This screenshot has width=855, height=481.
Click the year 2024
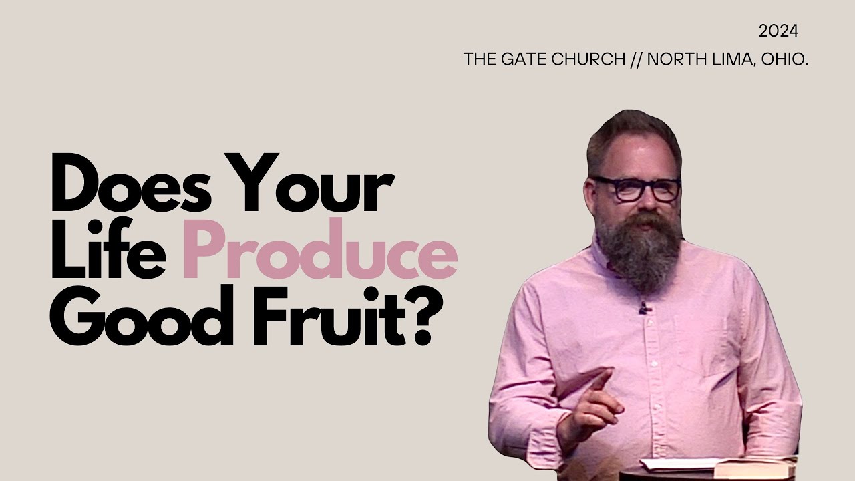click(779, 31)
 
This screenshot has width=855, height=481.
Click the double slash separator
click(636, 59)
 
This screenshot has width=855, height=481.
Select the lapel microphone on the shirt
click(643, 308)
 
